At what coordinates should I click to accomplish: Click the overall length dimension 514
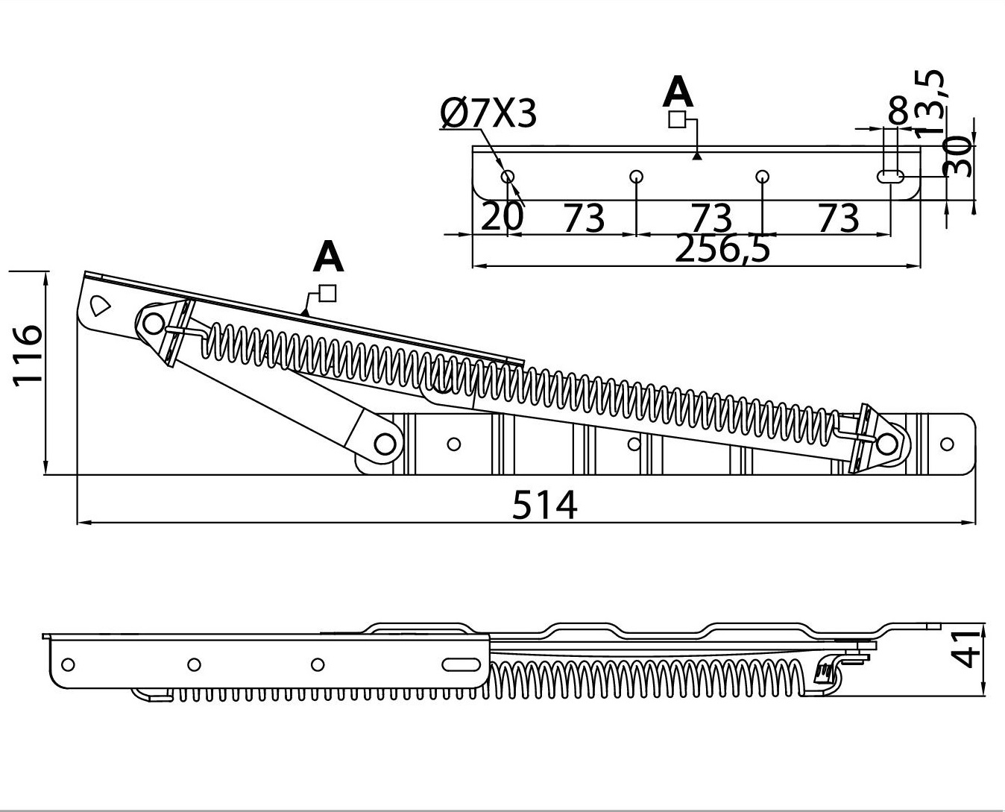[x=544, y=506]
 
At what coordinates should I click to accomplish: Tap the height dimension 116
[x=27, y=353]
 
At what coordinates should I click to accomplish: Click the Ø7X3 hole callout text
[x=488, y=114]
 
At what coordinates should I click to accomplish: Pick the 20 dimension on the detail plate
[x=502, y=217]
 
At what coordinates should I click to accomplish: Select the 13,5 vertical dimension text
[x=930, y=101]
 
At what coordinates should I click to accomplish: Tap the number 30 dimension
[x=958, y=157]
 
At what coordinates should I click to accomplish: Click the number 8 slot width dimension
[x=898, y=112]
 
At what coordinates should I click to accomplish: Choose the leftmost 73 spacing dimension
[x=583, y=218]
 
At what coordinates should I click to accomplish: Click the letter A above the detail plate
[x=678, y=93]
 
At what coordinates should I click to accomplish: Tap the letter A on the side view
[x=328, y=257]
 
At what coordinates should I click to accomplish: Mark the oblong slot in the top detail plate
[x=891, y=177]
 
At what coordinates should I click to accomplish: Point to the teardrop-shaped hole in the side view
[x=99, y=305]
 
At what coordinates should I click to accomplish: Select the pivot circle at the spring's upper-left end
[x=153, y=324]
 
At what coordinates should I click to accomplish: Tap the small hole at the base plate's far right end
[x=947, y=444]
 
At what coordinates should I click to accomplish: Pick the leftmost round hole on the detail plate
[x=507, y=177]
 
